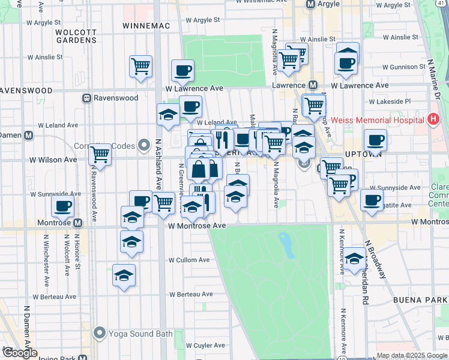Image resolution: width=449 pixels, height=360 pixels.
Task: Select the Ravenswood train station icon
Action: pyautogui.click(x=87, y=98)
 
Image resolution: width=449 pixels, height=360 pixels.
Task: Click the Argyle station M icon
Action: pyautogui.click(x=311, y=4)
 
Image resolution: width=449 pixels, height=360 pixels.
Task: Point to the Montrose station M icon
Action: pyautogui.click(x=77, y=223)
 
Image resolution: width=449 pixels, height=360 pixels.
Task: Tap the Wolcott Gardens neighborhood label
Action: pyautogui.click(x=76, y=36)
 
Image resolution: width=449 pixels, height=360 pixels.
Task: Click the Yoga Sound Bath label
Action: pyautogui.click(x=140, y=334)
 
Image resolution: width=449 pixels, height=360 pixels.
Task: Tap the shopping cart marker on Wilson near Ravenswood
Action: pyautogui.click(x=100, y=155)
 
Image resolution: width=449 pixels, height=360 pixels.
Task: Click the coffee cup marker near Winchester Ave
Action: pyautogui.click(x=62, y=206)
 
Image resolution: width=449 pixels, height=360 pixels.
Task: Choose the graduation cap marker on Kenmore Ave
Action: pyautogui.click(x=355, y=258)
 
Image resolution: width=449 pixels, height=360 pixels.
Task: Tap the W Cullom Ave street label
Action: pyautogui.click(x=189, y=260)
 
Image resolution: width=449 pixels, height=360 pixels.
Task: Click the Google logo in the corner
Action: pyautogui.click(x=20, y=353)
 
